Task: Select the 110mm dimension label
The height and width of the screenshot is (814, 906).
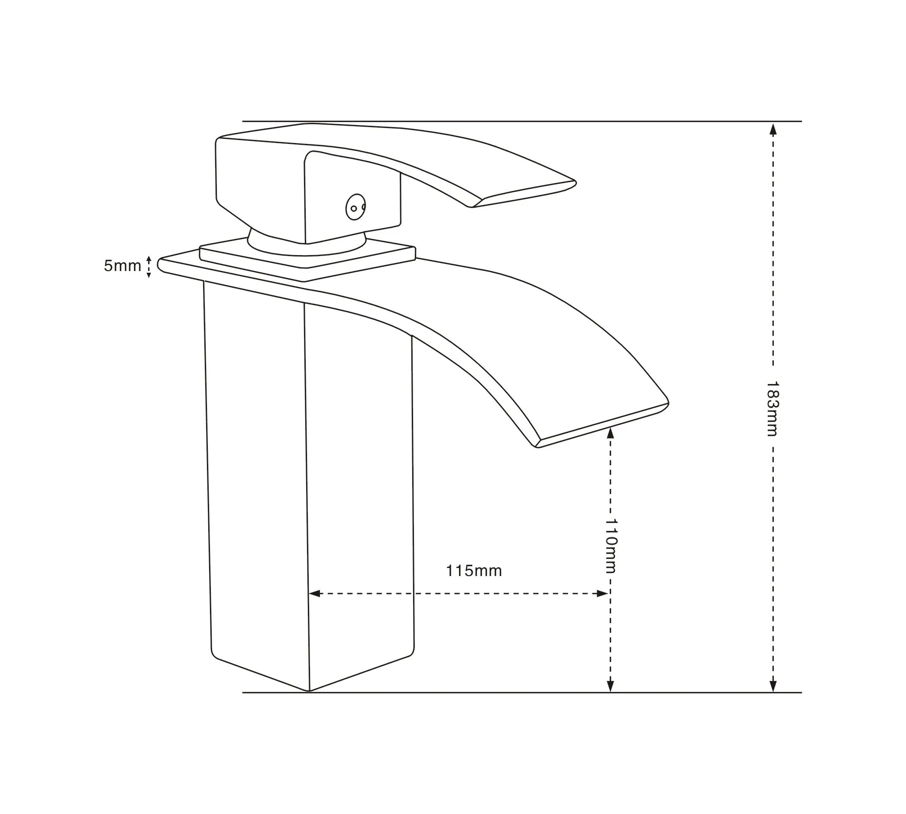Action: pos(611,546)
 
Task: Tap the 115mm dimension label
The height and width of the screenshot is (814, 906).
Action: pos(474,571)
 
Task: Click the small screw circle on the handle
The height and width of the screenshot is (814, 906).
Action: pos(355,207)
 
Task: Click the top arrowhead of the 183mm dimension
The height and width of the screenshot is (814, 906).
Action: pos(773,129)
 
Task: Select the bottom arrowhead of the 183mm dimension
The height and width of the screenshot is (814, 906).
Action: pos(773,686)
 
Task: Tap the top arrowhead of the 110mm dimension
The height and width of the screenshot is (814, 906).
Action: pos(611,433)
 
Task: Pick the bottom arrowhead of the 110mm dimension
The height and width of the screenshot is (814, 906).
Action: pos(611,686)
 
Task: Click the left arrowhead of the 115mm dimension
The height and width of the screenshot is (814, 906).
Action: pos(315,594)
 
